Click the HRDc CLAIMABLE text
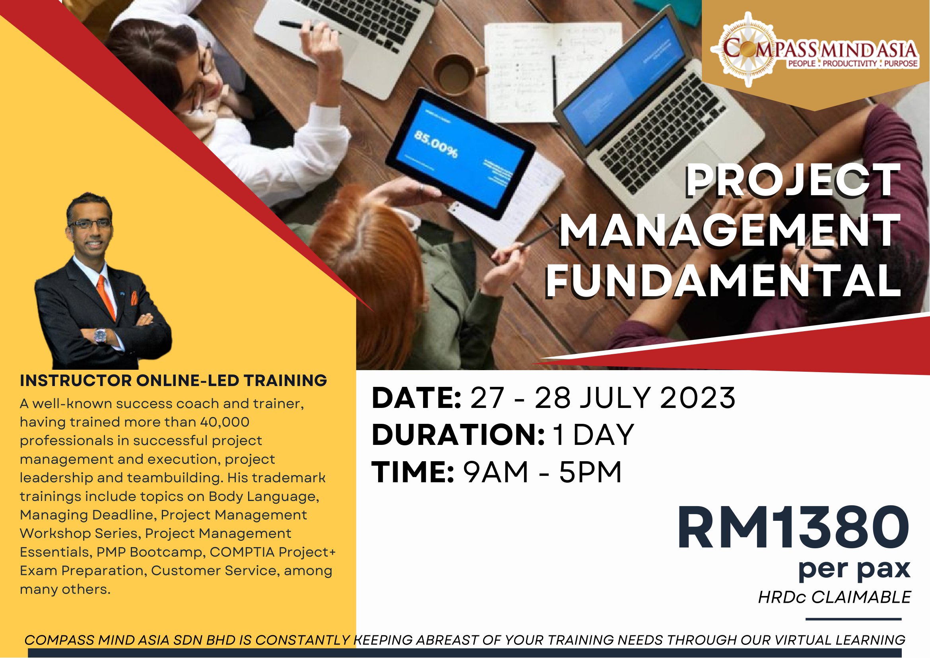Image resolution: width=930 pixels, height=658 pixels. click(835, 597)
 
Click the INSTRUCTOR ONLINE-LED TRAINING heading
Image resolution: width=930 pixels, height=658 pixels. click(173, 380)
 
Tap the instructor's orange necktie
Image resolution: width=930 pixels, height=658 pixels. click(107, 296)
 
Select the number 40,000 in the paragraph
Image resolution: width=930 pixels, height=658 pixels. click(225, 422)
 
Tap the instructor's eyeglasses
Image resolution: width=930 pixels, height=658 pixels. click(90, 224)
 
